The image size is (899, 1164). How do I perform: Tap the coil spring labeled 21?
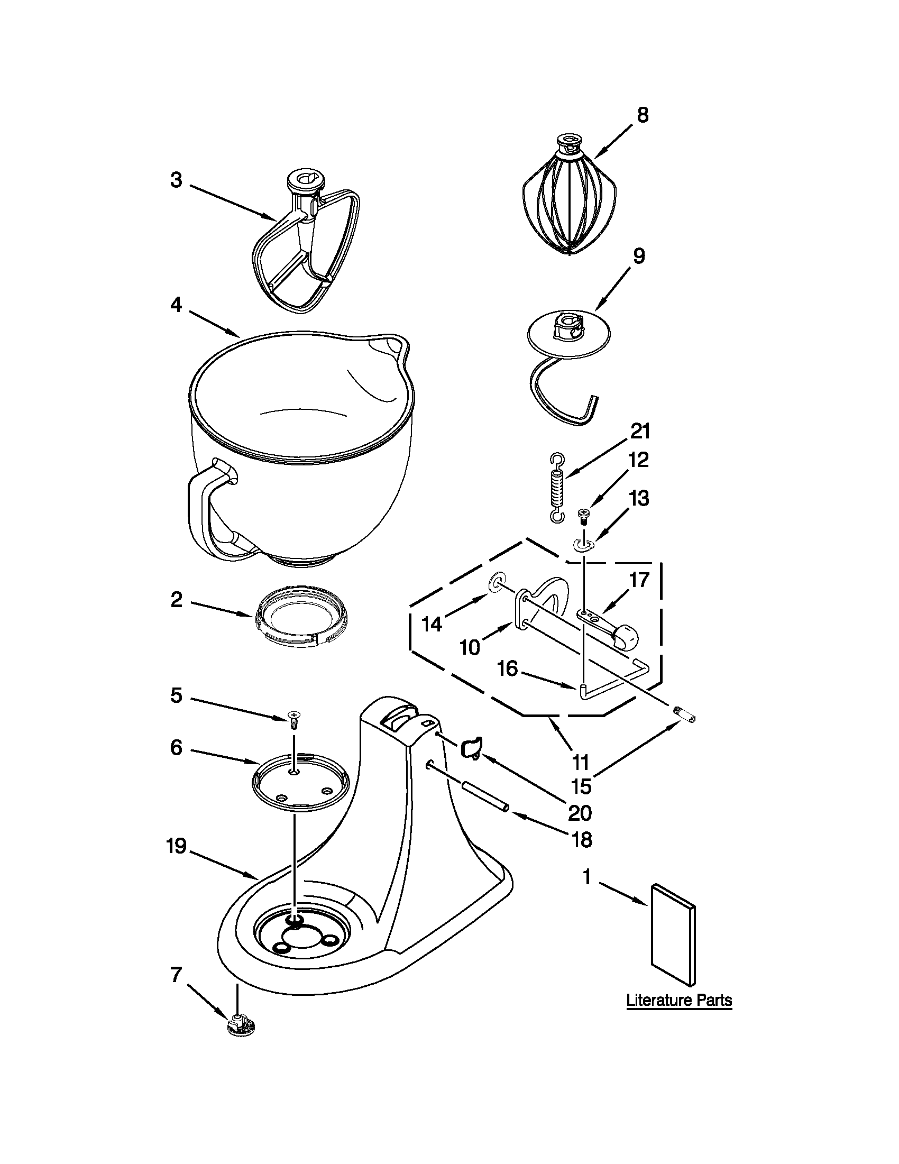coord(557,488)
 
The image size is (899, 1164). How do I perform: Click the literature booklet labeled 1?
coord(673,934)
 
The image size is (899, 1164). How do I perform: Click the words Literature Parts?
coord(678,1001)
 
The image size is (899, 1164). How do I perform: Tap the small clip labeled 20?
coord(470,748)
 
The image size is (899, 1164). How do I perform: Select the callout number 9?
coord(638,256)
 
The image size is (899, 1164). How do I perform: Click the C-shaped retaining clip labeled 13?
coord(584,545)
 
